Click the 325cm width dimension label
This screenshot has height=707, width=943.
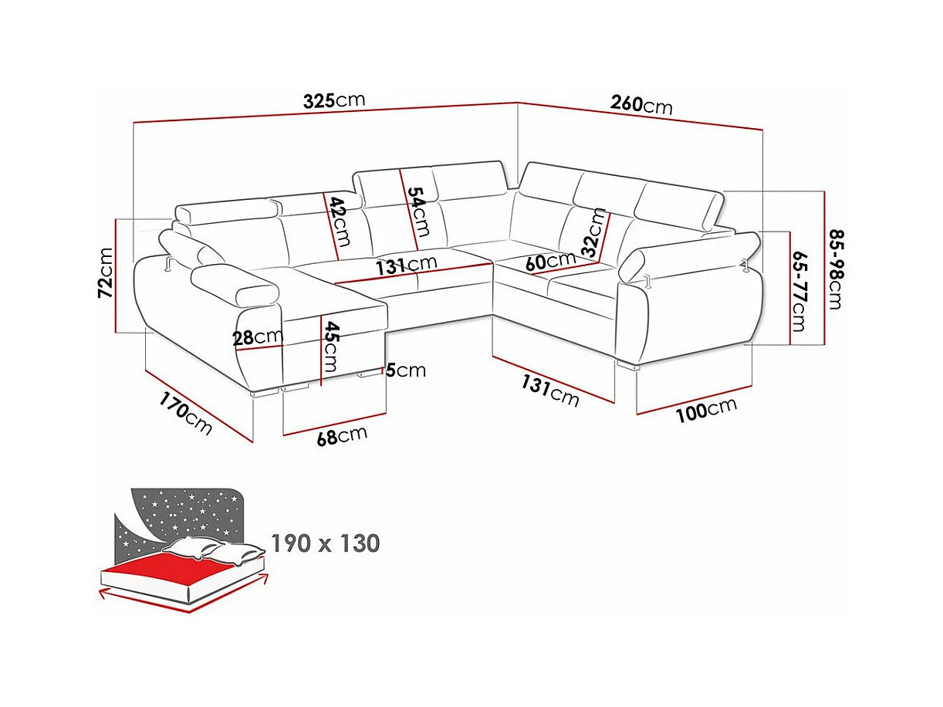click(x=334, y=100)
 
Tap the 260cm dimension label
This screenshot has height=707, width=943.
click(x=641, y=105)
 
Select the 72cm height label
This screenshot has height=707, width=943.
click(x=106, y=272)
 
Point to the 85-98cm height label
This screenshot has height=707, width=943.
click(x=836, y=269)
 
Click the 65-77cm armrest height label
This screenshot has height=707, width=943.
click(x=799, y=292)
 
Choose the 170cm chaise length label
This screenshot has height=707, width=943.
click(x=186, y=414)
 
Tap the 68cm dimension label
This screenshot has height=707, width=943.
click(x=342, y=436)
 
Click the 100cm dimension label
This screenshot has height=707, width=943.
click(x=706, y=410)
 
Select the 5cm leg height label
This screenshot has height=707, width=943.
click(x=406, y=370)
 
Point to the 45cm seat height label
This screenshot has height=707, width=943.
click(x=331, y=347)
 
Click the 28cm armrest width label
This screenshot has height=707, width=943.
click(x=258, y=337)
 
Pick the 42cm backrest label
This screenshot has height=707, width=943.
click(x=339, y=222)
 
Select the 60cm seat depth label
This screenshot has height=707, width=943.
click(x=550, y=261)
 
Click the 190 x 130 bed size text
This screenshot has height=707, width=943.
click(x=326, y=543)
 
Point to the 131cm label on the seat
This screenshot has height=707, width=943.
click(x=407, y=265)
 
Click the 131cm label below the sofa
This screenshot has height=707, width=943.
click(x=550, y=391)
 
